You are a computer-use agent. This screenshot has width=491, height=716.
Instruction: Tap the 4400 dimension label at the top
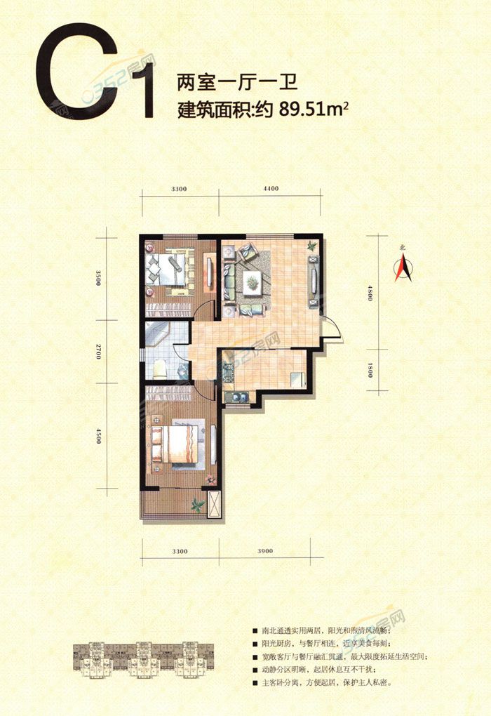(270, 189)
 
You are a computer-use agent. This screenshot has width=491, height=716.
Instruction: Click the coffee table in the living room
(252, 282)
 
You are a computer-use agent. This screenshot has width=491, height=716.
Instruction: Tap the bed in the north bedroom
(168, 270)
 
